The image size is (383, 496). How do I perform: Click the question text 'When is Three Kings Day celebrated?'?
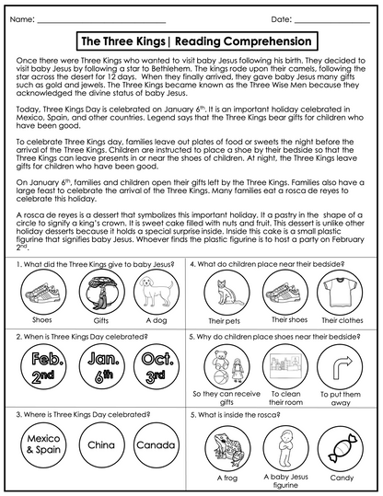(75, 338)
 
